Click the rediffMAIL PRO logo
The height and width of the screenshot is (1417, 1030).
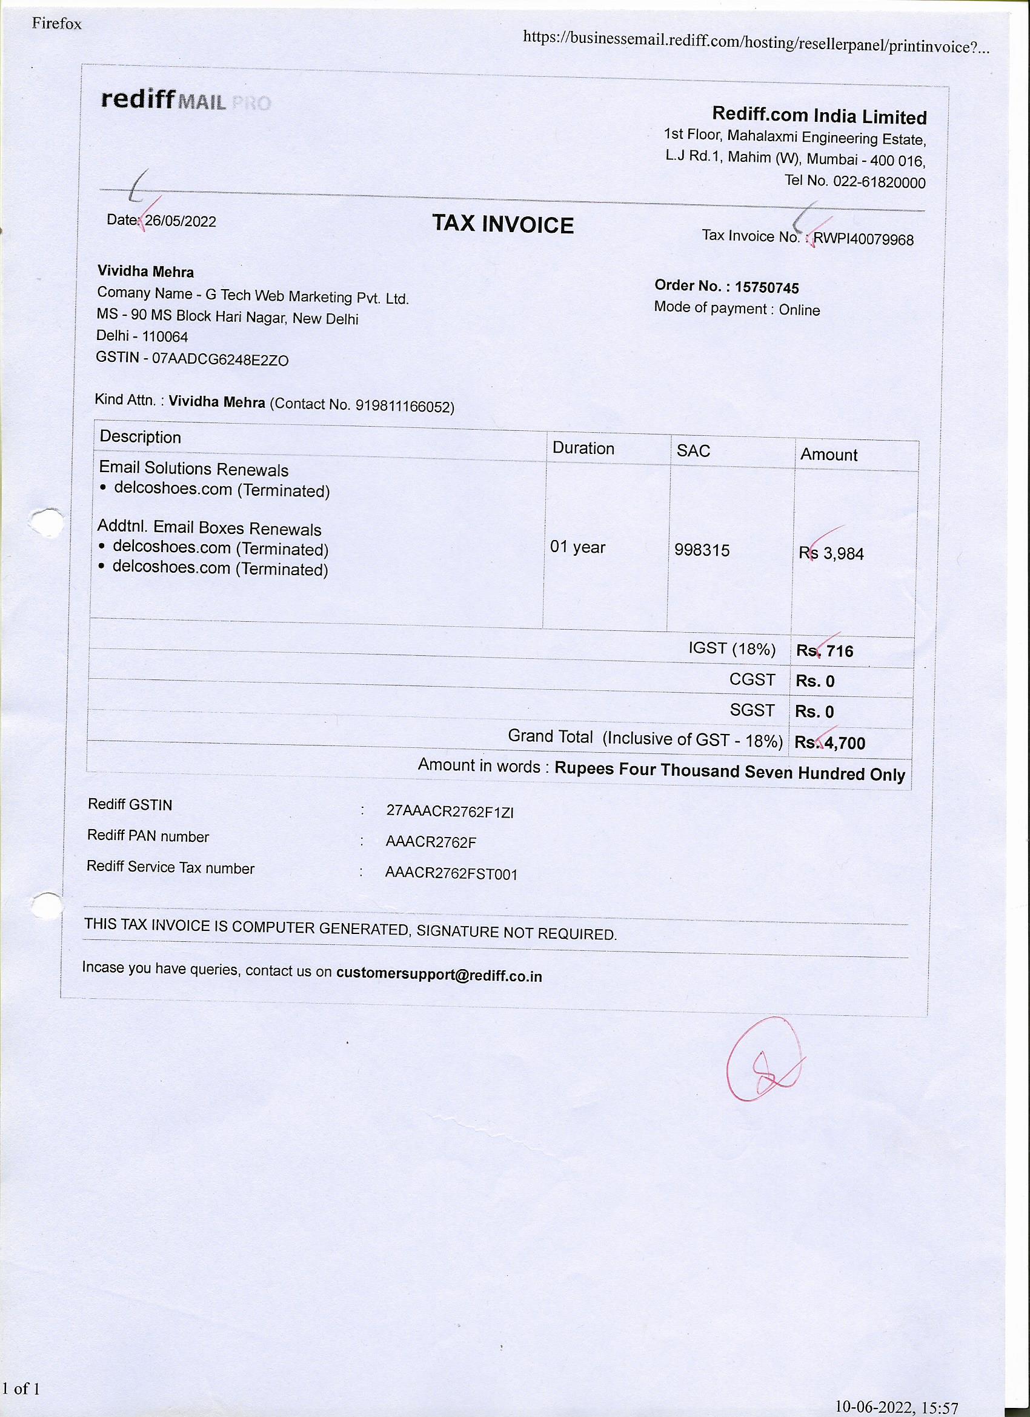pos(185,100)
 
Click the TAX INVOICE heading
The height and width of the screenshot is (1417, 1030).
pos(503,224)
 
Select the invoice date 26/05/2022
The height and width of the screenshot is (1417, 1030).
pos(181,221)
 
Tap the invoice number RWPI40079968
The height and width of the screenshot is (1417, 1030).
pos(863,239)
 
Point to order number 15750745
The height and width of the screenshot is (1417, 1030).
pos(766,287)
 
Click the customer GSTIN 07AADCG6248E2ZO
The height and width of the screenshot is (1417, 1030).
pos(220,360)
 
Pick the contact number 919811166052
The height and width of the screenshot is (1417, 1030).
pos(404,407)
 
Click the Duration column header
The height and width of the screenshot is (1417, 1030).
pos(583,448)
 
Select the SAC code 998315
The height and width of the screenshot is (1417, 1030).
pos(702,550)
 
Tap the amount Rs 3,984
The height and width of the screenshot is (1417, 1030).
pos(831,553)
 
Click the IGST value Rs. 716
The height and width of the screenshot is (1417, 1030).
pos(825,651)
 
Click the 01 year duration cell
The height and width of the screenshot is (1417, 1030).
pos(577,547)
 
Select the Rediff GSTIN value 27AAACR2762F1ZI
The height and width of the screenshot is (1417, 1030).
pos(450,812)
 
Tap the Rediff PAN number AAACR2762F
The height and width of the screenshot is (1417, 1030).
pos(431,842)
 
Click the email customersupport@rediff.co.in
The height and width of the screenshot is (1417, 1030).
pos(439,975)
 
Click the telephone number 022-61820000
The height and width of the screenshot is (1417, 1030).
pos(879,182)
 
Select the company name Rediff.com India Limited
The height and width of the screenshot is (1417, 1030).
pos(819,116)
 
